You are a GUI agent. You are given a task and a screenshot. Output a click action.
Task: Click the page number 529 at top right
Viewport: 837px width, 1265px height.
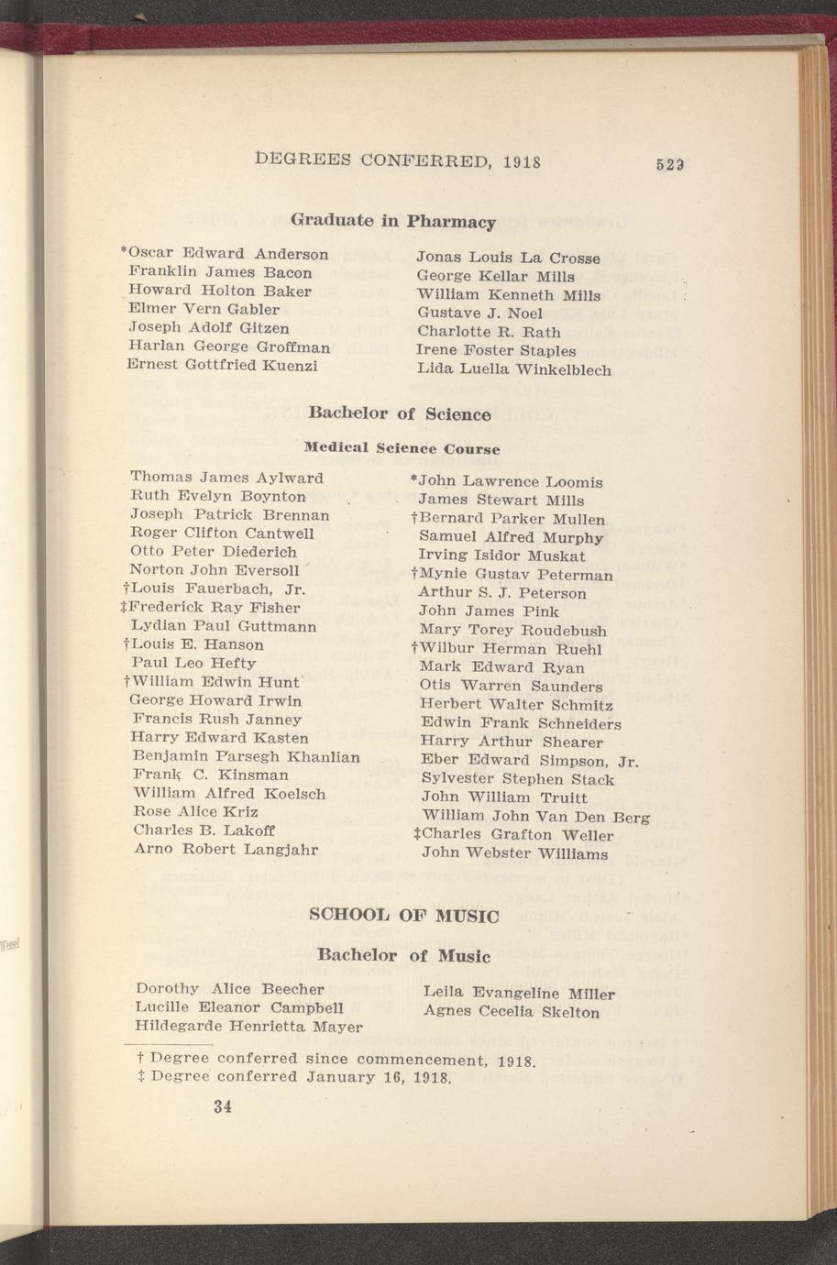coord(671,166)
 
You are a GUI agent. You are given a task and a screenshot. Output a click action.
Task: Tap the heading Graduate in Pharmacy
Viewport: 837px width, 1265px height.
coord(393,221)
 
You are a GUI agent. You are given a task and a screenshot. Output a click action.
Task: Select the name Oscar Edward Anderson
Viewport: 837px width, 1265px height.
coord(227,253)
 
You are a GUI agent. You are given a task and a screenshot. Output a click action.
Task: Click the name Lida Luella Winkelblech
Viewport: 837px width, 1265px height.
coord(513,370)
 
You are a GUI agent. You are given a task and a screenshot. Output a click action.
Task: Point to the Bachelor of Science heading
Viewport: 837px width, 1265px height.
coord(400,413)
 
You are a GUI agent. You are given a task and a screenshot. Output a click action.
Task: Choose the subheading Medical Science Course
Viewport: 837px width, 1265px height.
coord(402,449)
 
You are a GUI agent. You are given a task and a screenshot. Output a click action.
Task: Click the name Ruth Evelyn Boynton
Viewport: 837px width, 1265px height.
coord(218,496)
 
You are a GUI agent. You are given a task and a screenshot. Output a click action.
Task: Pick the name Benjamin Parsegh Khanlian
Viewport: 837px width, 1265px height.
coord(246,756)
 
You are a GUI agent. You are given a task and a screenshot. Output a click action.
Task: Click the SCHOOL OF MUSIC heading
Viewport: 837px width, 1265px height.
coord(404,916)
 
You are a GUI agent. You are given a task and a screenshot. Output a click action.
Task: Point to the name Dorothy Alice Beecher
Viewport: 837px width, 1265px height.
coord(229,989)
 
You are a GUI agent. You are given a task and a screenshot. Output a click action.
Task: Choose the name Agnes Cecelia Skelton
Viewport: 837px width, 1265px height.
coord(512,1012)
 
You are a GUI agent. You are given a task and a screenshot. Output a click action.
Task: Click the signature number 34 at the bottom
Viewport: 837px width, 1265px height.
coord(222,1106)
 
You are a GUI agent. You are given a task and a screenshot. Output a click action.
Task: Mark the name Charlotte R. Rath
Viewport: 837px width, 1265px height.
coord(489,332)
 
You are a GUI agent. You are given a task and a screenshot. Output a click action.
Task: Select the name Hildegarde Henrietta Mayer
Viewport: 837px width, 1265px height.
coord(248,1026)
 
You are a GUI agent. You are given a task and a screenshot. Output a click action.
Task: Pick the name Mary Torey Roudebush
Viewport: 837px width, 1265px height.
coord(512,631)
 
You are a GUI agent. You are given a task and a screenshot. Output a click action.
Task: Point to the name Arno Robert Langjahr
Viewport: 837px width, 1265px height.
coord(226,849)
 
